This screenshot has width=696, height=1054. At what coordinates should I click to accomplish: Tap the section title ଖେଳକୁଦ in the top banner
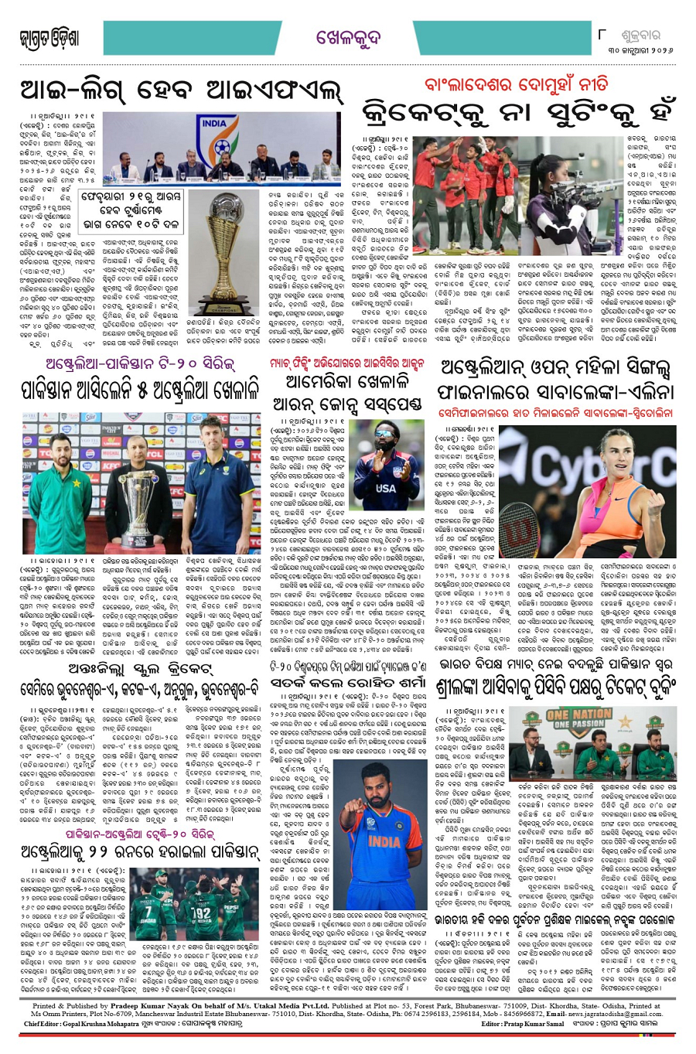[x=348, y=37]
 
